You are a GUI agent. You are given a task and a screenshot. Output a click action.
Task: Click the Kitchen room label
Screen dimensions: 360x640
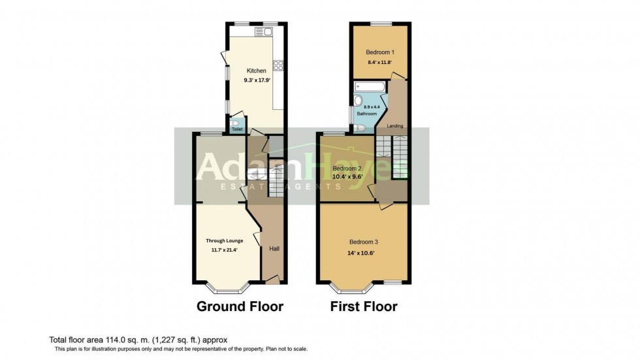coord(256,71)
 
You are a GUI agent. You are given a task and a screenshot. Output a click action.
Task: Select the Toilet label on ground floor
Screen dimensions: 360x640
coord(237,129)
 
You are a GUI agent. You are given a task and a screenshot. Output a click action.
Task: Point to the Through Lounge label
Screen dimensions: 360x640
coord(224,240)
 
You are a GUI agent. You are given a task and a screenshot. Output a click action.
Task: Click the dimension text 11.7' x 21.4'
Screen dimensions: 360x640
coord(224,250)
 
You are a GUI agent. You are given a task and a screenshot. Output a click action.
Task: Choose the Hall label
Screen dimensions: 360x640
coord(274,249)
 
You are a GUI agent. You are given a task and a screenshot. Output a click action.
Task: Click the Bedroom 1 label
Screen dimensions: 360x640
coord(379,52)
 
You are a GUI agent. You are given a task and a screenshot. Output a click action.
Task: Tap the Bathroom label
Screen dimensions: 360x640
coord(367,114)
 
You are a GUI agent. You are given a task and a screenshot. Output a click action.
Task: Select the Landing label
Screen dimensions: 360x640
coord(395,125)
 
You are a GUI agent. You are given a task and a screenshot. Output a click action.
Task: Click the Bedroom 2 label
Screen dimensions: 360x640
coord(347,168)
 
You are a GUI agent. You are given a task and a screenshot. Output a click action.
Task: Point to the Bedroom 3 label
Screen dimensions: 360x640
coord(363,242)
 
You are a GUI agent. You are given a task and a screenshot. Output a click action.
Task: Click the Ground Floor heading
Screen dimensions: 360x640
coord(240,306)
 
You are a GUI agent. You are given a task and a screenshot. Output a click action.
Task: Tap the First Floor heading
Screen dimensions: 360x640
coord(363,306)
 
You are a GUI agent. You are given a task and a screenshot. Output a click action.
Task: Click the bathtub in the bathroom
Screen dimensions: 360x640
coord(369,86)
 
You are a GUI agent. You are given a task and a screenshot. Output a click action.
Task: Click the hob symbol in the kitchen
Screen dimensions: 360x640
coord(278,65)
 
